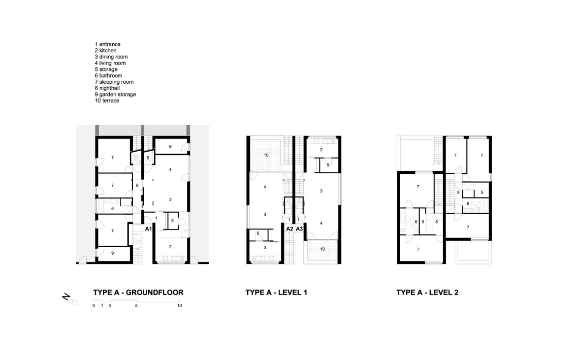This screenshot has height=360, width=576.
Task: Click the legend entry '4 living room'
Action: [110, 63]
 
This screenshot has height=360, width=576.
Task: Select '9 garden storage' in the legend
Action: [115, 95]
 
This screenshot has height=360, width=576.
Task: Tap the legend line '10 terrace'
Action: [107, 100]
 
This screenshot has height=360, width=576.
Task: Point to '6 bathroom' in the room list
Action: [108, 76]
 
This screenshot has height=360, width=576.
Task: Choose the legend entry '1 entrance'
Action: [108, 44]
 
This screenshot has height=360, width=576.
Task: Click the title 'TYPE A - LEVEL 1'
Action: [276, 293]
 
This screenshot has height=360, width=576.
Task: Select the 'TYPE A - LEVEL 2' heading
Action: [427, 293]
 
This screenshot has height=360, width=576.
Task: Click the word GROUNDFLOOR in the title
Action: [154, 293]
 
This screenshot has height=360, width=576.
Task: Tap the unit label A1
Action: [148, 229]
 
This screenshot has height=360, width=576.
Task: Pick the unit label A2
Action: [289, 229]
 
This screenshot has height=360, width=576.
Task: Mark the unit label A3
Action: [299, 229]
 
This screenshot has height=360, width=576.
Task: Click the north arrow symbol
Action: [70, 299]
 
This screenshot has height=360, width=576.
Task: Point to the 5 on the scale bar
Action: [136, 306]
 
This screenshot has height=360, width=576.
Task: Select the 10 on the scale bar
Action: [179, 306]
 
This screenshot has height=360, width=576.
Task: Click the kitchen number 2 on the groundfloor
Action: [170, 247]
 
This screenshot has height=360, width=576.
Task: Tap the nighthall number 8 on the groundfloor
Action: [137, 186]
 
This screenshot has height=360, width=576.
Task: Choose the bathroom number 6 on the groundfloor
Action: [112, 209]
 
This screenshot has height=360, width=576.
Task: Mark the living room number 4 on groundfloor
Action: [170, 170]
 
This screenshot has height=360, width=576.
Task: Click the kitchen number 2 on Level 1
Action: [321, 150]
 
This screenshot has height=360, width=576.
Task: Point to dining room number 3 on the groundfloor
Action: [170, 199]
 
